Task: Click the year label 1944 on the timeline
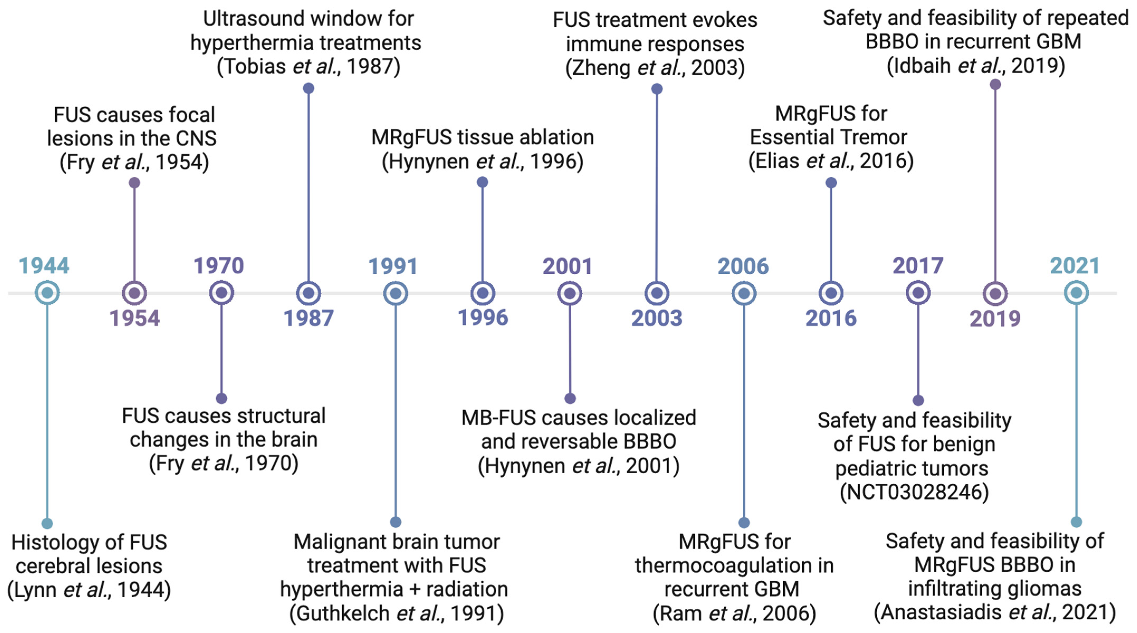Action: pos(44,266)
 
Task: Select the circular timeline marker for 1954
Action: pos(134,293)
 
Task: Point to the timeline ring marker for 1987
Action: pos(309,293)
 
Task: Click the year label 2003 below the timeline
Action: pos(656,318)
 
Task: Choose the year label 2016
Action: pos(831,318)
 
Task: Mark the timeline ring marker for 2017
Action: pos(918,293)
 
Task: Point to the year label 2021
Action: pos(1075,266)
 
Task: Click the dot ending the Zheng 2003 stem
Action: pos(657,89)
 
